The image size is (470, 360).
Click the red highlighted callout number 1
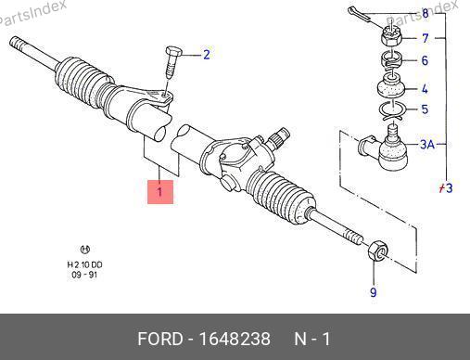[x=160, y=192]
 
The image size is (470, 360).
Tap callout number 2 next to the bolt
[x=207, y=55]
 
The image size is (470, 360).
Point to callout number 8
[x=426, y=14]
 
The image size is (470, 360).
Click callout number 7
[x=426, y=38]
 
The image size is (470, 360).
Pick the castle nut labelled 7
[x=391, y=35]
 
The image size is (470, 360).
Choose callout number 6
[x=426, y=60]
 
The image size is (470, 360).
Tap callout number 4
[x=425, y=89]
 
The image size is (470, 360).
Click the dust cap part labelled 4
[x=391, y=85]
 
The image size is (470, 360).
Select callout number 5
[x=426, y=109]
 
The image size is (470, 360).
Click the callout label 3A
[x=427, y=144]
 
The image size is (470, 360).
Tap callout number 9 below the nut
[x=374, y=292]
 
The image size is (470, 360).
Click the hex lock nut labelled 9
[x=378, y=251]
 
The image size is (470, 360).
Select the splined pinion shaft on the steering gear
[x=278, y=137]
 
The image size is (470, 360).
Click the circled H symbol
[x=85, y=250]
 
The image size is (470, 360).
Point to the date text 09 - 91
[x=84, y=275]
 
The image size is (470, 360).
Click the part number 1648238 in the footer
[x=235, y=339]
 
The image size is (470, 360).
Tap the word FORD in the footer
[x=160, y=339]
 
